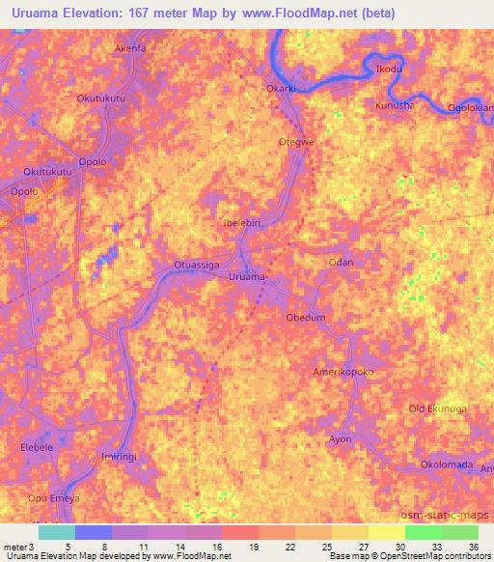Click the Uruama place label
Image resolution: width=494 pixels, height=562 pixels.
247,277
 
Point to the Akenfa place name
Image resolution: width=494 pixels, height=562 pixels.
130,47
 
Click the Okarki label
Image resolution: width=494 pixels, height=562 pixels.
284,89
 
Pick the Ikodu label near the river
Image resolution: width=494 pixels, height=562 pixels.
388,70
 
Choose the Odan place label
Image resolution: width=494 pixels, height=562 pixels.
342,263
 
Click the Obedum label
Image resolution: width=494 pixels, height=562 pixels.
306,318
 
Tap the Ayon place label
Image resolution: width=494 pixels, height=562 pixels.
341,439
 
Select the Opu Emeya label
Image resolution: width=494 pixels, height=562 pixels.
54,497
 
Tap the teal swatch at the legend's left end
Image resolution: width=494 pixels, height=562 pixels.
56,532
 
